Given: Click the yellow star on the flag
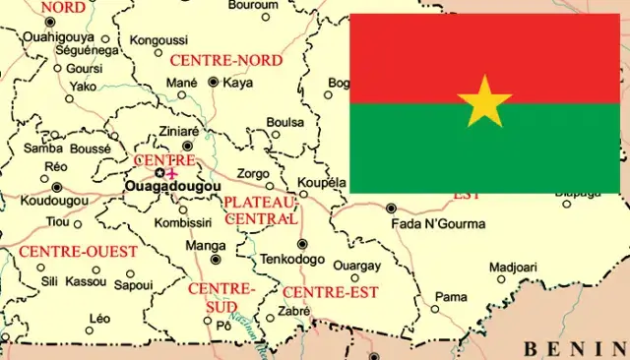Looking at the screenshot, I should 484,101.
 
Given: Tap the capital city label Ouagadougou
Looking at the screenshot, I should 172,185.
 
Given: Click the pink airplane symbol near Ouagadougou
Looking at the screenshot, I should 174,172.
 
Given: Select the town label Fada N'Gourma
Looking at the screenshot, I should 438,223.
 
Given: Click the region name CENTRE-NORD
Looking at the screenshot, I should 226,60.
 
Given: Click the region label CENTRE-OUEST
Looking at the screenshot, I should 79,252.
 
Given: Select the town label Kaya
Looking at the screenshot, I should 238,83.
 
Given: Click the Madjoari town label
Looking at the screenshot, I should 513,267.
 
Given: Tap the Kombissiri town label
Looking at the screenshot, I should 184,223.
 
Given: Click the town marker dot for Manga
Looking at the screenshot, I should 217,260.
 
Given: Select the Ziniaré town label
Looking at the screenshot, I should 179,130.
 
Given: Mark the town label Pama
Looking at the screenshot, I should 451,296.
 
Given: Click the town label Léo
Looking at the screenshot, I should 99,318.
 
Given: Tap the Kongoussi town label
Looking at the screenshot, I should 159,40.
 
